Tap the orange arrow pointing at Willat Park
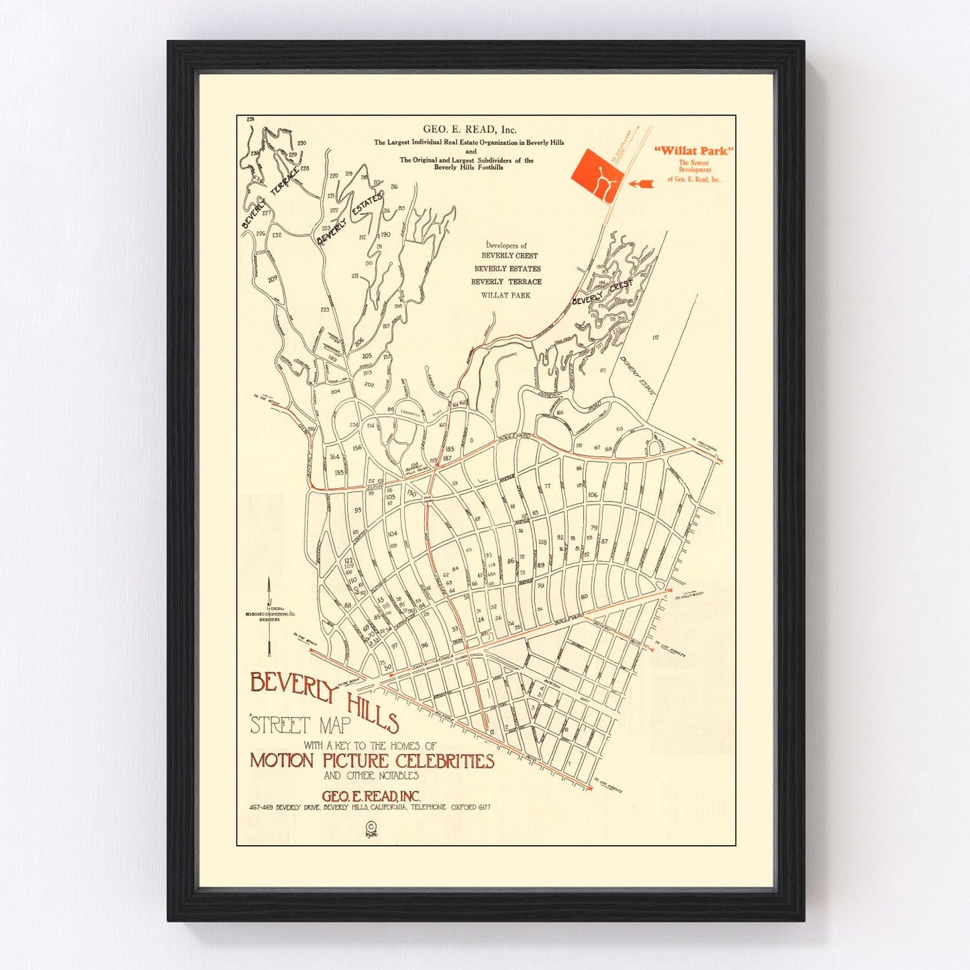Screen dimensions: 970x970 point(641,183)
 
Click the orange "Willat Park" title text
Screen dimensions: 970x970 point(693,151)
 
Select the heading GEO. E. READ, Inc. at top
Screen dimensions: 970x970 point(469,130)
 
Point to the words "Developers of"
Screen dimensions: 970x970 point(506,246)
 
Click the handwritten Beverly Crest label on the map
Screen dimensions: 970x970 point(602,293)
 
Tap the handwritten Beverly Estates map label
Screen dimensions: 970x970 point(350,219)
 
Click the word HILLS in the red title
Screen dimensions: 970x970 point(373,712)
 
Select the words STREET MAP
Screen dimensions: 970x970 point(301,725)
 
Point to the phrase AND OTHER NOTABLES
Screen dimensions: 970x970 point(371,775)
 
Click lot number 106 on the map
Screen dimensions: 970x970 point(592,495)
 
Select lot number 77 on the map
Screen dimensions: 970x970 point(547,486)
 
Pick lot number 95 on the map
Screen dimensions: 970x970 point(358,510)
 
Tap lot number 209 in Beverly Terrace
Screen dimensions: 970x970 point(272,279)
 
